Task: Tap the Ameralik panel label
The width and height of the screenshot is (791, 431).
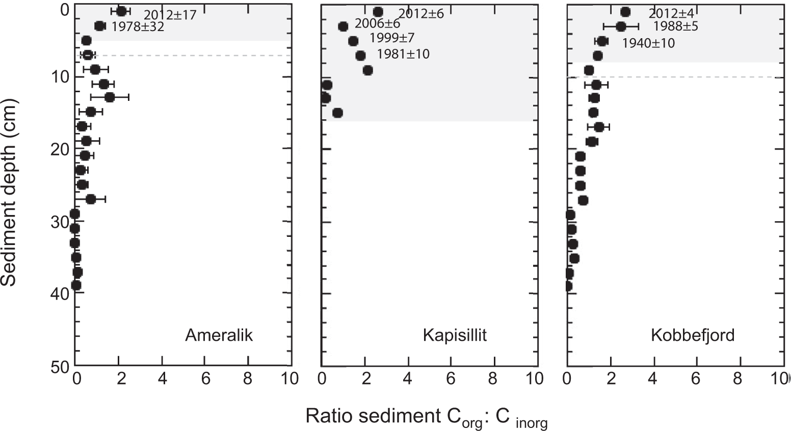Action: [x=219, y=335]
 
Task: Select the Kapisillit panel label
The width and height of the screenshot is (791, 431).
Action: [x=455, y=335]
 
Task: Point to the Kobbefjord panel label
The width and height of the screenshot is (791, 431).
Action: [x=692, y=335]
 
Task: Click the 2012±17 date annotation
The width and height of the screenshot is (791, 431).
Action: [x=170, y=15]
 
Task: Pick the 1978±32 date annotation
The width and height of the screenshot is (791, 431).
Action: [x=138, y=28]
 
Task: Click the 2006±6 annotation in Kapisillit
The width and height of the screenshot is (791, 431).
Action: [x=377, y=23]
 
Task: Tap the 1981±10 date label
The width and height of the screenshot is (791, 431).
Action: [x=403, y=53]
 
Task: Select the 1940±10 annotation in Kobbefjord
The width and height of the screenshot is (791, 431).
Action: [x=648, y=43]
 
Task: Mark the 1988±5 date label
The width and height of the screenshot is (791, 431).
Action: [x=675, y=26]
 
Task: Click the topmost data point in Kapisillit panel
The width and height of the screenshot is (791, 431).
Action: [x=378, y=12]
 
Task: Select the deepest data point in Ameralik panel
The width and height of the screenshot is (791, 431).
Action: [x=76, y=285]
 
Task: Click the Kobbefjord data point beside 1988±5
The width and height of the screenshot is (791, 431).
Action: [x=621, y=26]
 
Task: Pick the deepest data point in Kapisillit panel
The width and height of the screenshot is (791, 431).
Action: [x=337, y=113]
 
